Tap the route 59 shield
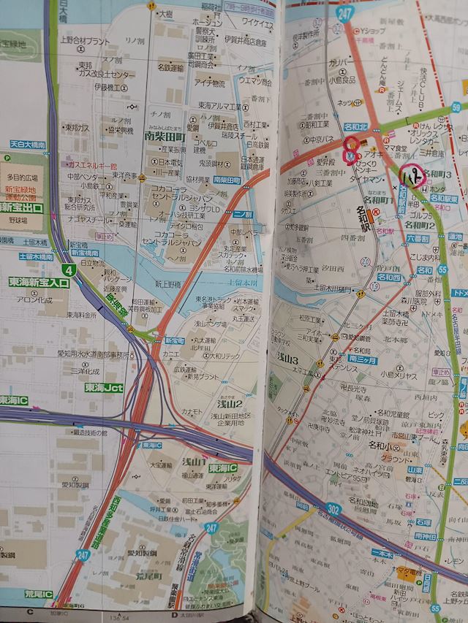(x=456, y=107)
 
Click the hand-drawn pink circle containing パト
(x=412, y=175)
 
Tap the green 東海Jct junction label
(x=103, y=387)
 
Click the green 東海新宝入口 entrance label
(x=39, y=281)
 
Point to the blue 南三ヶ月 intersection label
(x=362, y=359)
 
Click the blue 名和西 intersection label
(x=388, y=278)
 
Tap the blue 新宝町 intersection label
(x=175, y=340)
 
